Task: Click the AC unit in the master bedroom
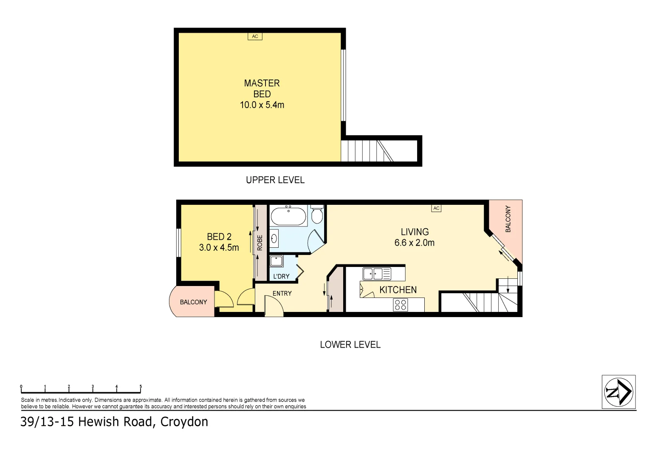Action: [x=255, y=36]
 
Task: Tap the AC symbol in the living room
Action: [x=436, y=208]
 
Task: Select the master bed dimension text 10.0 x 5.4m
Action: [x=262, y=105]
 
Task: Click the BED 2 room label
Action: [x=219, y=237]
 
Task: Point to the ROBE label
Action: [x=260, y=243]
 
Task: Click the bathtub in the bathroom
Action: [x=288, y=216]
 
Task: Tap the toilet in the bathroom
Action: [x=317, y=214]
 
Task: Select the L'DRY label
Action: [x=281, y=276]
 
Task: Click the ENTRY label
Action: [x=282, y=293]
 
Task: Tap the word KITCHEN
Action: [x=398, y=290]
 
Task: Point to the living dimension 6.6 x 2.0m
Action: [x=414, y=242]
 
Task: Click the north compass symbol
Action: [x=618, y=392]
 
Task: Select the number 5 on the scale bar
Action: [x=141, y=386]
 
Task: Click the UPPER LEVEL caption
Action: [x=275, y=180]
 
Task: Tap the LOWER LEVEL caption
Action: [x=350, y=345]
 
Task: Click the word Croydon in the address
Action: [x=184, y=422]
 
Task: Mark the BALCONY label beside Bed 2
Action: [x=193, y=302]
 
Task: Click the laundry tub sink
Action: [x=277, y=261]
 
